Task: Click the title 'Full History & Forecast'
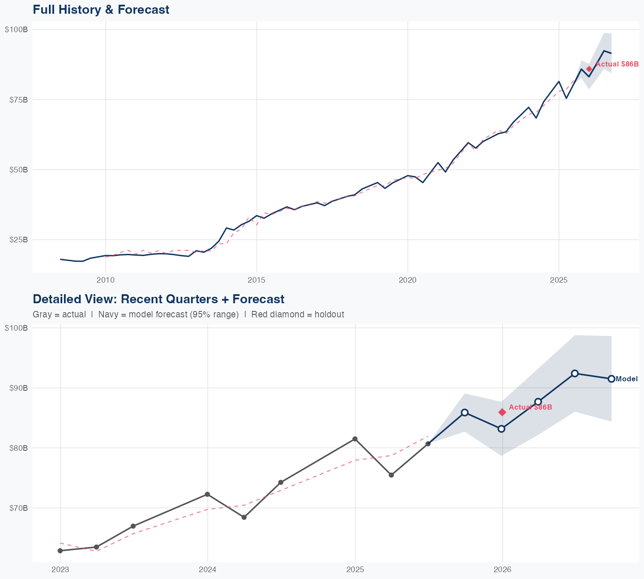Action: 101,9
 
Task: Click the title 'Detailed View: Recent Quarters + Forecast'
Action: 158,299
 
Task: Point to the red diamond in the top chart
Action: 589,69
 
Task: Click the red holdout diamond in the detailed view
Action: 502,412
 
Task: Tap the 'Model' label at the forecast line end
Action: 626,379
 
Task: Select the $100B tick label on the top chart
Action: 16,30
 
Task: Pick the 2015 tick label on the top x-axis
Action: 256,280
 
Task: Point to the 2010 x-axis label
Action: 106,280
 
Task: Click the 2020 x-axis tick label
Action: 407,280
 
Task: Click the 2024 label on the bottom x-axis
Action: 208,570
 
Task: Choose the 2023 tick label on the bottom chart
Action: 61,570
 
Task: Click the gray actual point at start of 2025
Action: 355,439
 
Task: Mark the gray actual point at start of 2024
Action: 207,494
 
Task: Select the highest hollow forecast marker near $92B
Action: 575,373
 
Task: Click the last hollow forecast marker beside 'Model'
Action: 611,379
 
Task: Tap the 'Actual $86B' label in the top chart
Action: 617,64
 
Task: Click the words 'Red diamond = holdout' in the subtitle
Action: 298,315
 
